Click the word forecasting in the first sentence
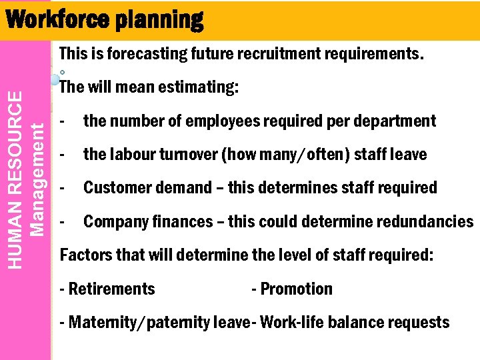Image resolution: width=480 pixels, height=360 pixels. click(143, 53)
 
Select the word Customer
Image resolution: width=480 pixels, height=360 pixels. click(114, 187)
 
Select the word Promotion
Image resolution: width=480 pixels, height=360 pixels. click(296, 289)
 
